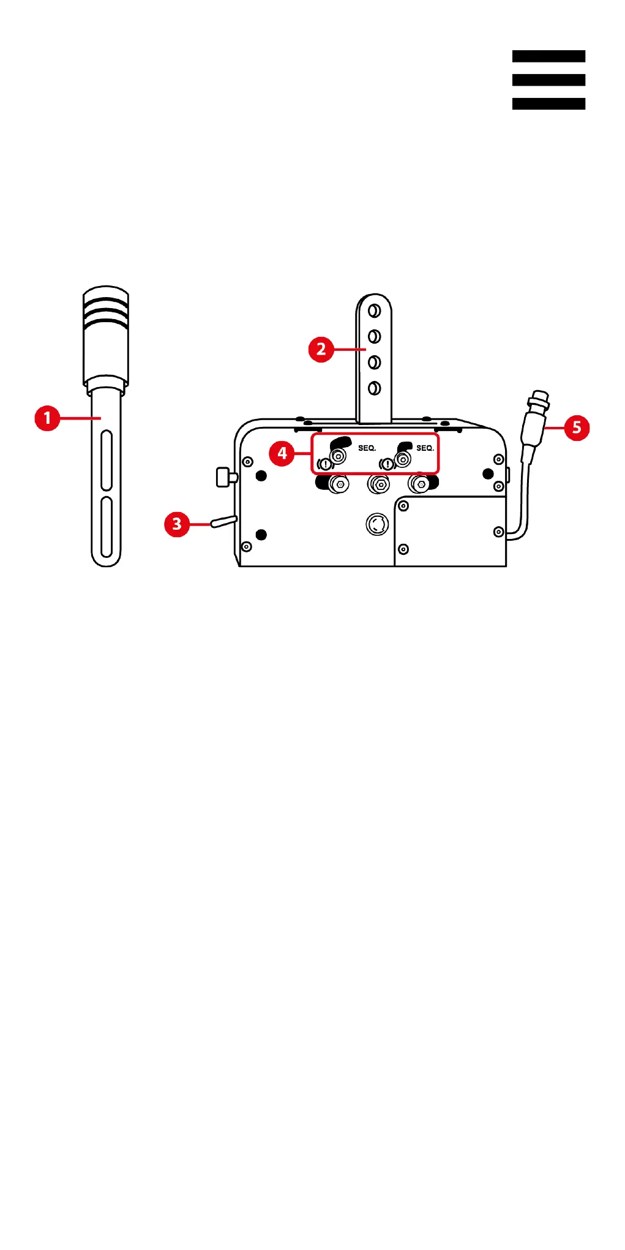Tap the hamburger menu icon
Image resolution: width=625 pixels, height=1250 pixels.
[x=548, y=80]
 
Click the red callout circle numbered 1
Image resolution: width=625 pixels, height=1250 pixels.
[x=47, y=418]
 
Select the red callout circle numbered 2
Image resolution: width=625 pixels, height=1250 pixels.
[x=321, y=350]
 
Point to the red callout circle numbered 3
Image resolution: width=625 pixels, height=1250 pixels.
[x=177, y=524]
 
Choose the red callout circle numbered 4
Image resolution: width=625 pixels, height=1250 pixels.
[x=282, y=453]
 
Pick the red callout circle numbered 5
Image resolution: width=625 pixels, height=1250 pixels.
[x=577, y=427]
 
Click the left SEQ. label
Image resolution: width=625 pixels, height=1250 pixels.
[x=367, y=448]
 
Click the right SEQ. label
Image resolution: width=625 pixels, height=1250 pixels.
[x=425, y=448]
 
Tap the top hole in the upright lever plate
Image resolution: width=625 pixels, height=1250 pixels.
[x=374, y=311]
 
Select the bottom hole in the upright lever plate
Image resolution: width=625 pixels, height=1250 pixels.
[x=374, y=388]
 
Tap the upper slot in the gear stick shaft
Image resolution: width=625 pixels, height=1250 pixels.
[x=106, y=459]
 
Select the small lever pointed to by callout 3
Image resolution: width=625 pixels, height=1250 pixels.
[x=223, y=522]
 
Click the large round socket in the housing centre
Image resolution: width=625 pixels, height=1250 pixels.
[x=377, y=524]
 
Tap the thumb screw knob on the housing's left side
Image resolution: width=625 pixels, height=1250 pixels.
[x=226, y=476]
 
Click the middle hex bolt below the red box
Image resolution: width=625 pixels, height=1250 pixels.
[x=379, y=484]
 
